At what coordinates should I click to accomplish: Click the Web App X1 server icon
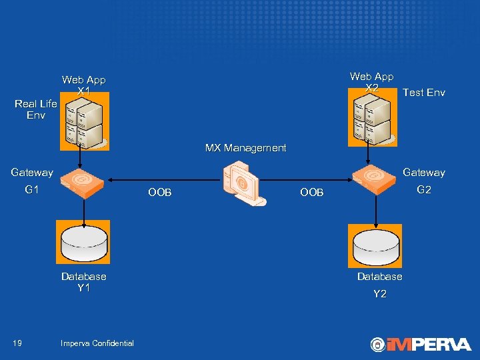(84, 121)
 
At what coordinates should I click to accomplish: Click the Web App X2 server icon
(371, 121)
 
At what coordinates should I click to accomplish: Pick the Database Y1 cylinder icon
(84, 244)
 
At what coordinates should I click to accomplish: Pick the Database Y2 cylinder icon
(375, 245)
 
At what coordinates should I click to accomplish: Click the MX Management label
(245, 148)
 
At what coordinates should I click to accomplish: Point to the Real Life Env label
(36, 109)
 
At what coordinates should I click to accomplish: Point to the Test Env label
(424, 93)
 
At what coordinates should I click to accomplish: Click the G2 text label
(424, 190)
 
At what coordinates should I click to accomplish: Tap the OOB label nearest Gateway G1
(160, 193)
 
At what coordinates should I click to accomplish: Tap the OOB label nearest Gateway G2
(311, 193)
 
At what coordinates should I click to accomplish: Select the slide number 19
(17, 343)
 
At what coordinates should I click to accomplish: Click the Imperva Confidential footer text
(97, 343)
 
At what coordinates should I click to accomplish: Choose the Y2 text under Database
(379, 293)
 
